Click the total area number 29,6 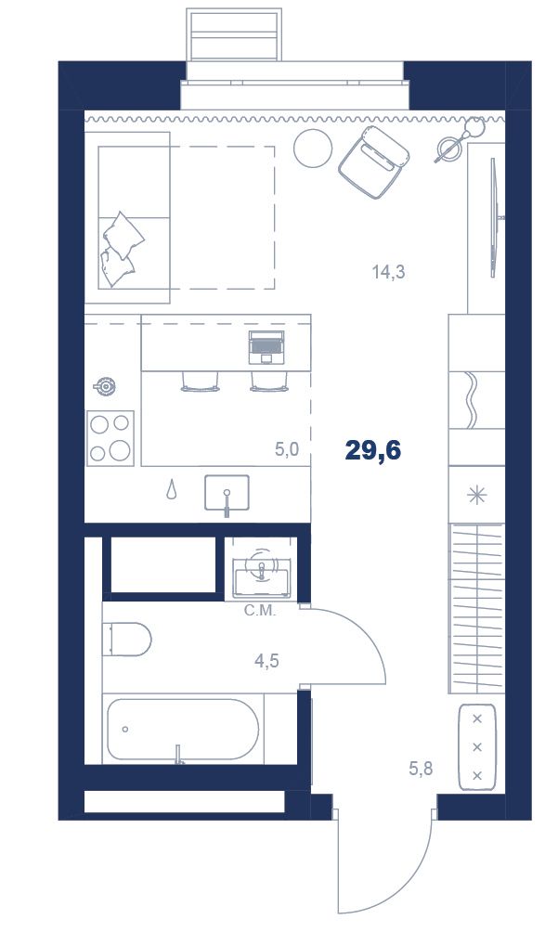[373, 451]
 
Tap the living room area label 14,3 [389, 272]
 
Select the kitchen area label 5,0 [286, 449]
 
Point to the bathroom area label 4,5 [266, 660]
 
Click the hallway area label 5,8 [421, 769]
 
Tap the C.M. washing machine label [260, 611]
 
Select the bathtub [182, 730]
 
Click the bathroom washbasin [262, 574]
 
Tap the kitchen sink [227, 493]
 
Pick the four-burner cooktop [110, 438]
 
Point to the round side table [313, 148]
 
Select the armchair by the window [374, 162]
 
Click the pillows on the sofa [122, 249]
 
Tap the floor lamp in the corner [461, 140]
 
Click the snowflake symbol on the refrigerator [476, 495]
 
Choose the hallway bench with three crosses [476, 746]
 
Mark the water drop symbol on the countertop [172, 489]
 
